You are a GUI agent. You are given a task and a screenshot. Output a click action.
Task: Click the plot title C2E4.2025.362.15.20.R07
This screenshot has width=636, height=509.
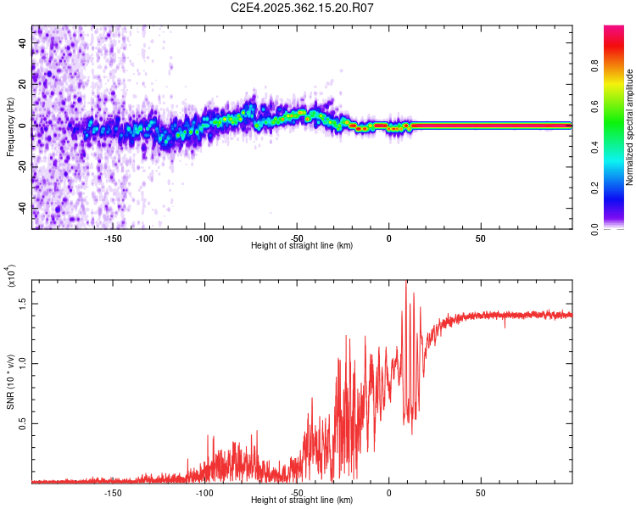[x=303, y=8]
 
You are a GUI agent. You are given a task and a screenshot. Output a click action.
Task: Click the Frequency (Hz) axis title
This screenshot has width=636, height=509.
[x=10, y=127]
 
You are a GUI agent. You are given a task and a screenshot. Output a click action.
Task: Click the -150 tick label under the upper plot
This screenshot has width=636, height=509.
[x=113, y=238]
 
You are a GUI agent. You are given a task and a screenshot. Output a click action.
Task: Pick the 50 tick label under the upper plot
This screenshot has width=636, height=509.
[x=480, y=238]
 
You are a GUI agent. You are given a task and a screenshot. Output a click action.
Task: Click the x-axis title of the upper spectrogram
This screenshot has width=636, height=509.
[x=302, y=246]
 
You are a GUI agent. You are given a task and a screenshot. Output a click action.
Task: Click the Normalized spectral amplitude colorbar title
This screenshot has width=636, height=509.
[x=630, y=127]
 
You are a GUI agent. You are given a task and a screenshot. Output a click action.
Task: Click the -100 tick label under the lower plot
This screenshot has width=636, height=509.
[x=204, y=493]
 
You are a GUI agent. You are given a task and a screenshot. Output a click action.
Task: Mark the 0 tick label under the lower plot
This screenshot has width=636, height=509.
[x=388, y=493]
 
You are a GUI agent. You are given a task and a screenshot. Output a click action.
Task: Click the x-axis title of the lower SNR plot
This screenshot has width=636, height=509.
[x=302, y=501]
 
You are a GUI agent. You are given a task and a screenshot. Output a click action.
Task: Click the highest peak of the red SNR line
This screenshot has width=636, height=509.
[x=405, y=282]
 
